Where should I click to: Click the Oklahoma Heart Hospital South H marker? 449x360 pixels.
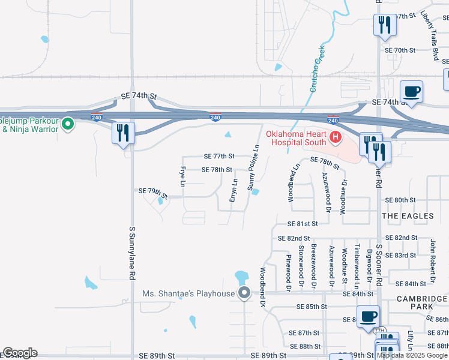tap(335, 139)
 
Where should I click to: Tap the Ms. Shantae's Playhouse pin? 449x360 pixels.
tap(244, 293)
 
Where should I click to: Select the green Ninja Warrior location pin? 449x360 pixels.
tap(68, 124)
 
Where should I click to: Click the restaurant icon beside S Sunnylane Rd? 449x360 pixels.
tap(124, 133)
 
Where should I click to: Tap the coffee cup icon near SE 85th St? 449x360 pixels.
tap(367, 316)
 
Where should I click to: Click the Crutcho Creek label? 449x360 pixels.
tap(316, 68)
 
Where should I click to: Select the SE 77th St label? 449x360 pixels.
tap(218, 156)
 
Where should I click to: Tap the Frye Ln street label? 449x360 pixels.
tap(183, 177)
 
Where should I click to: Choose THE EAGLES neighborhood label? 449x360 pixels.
tap(408, 216)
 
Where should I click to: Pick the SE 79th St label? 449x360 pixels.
tap(152, 192)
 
